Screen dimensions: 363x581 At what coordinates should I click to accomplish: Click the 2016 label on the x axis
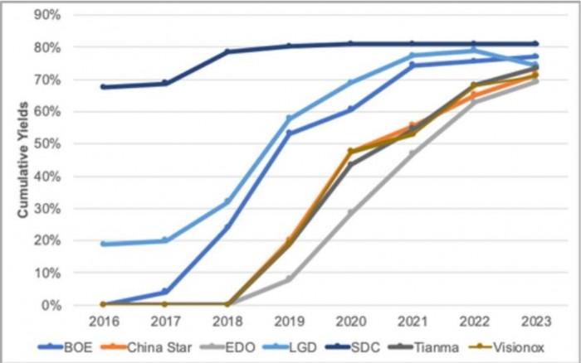coord(102,320)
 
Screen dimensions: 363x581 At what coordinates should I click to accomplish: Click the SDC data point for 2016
coord(102,86)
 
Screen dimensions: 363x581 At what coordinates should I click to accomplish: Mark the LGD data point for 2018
coord(227,202)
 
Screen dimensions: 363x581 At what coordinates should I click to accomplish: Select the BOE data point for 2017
coord(164,292)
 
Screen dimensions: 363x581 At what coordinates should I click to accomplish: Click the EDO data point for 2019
coord(289,279)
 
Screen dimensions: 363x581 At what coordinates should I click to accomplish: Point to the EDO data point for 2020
coord(350,212)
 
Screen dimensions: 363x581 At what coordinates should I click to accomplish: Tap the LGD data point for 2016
coord(102,244)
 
